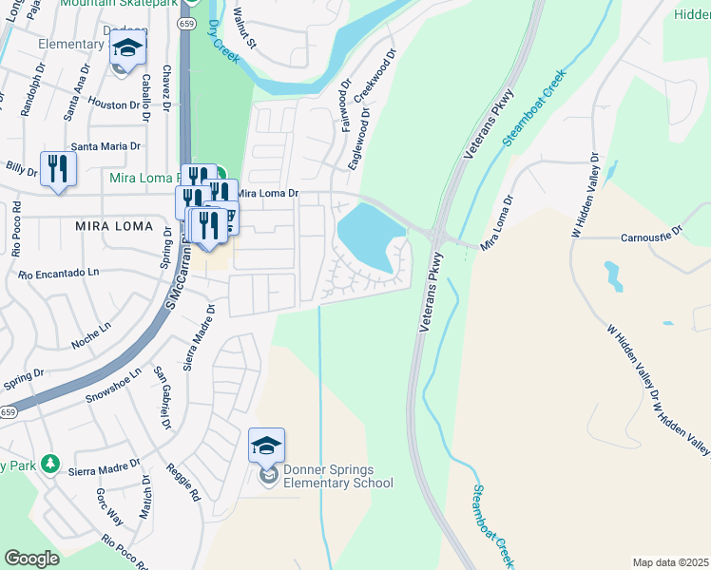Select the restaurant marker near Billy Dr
click(58, 170)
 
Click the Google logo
click(31, 559)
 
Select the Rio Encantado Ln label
click(59, 274)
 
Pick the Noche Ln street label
click(90, 329)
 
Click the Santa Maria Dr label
click(106, 146)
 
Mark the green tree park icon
click(49, 465)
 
